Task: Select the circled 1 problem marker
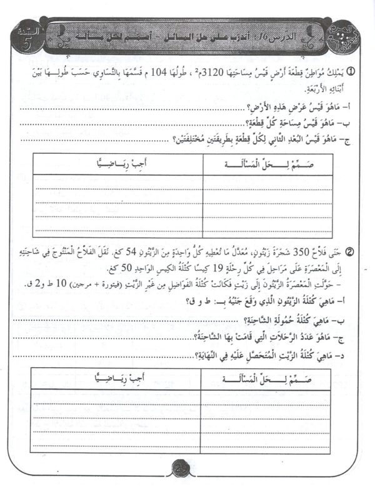352,73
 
